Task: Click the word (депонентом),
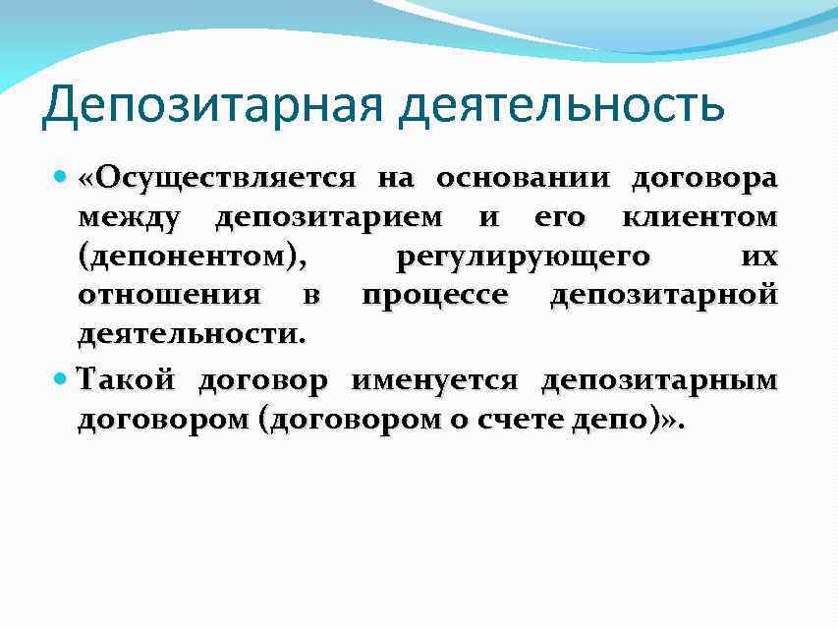(x=192, y=257)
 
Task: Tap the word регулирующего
(x=522, y=257)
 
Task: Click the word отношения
(x=169, y=295)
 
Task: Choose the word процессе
(x=434, y=295)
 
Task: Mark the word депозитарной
(x=664, y=295)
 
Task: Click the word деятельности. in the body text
(x=192, y=334)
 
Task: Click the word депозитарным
(x=659, y=379)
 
